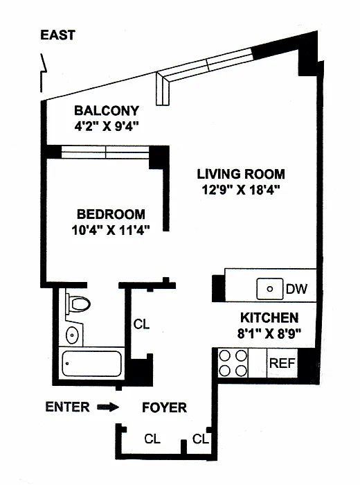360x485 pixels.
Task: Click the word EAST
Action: (x=57, y=35)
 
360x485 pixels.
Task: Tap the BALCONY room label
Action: (x=107, y=111)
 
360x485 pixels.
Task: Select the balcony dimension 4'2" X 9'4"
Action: (x=107, y=126)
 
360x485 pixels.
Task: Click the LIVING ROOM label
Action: (x=241, y=174)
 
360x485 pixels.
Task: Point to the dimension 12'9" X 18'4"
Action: (x=241, y=189)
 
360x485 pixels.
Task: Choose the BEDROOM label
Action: (x=111, y=214)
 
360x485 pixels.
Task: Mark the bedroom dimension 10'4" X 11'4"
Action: (x=111, y=230)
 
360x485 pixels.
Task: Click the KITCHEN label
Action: (x=269, y=317)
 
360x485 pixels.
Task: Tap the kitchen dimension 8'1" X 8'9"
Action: (x=269, y=333)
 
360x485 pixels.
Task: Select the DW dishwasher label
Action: (x=296, y=289)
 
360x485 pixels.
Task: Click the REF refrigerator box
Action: (x=282, y=363)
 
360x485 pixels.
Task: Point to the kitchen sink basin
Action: (x=270, y=289)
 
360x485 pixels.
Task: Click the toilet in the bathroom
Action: (x=78, y=303)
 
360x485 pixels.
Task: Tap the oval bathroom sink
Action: (x=72, y=335)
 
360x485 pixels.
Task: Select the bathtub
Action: (x=92, y=364)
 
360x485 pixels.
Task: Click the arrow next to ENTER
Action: (x=108, y=407)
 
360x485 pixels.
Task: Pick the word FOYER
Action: (x=164, y=407)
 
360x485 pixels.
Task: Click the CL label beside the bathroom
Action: (x=141, y=324)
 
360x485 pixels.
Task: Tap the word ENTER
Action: (x=68, y=407)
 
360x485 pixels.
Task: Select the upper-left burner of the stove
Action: (x=224, y=356)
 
